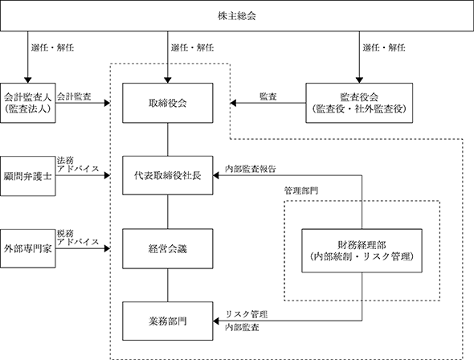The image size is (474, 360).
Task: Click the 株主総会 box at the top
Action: point(237,16)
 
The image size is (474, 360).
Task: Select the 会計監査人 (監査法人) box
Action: point(28,103)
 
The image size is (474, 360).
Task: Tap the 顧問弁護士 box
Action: point(28,176)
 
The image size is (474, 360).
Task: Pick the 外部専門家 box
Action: point(28,248)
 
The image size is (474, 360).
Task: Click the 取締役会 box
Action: point(167,103)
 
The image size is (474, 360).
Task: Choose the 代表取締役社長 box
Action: point(167,175)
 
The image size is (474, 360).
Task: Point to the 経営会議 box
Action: point(167,249)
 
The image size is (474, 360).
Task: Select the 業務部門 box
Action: point(167,321)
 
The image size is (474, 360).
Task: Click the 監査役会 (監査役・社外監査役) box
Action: point(359,103)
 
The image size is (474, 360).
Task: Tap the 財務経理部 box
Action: point(362,251)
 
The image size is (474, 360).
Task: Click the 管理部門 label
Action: point(301,190)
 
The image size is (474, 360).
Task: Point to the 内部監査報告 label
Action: point(251,169)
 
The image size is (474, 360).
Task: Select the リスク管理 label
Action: point(247,314)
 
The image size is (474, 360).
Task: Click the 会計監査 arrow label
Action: point(74,96)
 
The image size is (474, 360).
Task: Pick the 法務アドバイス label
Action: point(78,165)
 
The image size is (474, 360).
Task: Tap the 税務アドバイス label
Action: point(78,238)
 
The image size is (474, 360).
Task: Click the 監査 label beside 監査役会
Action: point(268,96)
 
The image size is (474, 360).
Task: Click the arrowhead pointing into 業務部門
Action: point(216,321)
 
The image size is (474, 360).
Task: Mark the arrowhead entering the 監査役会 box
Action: point(359,80)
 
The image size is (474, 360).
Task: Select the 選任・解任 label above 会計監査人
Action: point(52,47)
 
